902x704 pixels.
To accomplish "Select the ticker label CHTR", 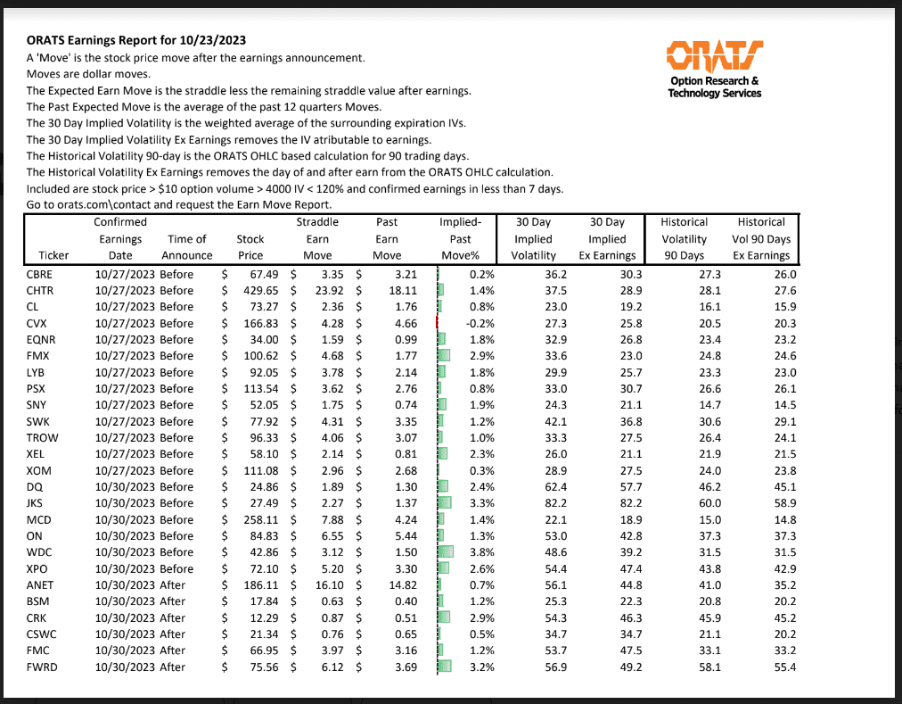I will [x=40, y=290].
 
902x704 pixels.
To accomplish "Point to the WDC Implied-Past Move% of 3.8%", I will [x=481, y=552].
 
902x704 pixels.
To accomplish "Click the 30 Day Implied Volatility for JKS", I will [x=545, y=503].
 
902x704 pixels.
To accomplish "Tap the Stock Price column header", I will [x=250, y=247].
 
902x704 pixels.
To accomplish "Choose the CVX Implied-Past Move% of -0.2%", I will [x=480, y=323].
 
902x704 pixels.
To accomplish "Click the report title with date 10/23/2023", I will [x=136, y=40].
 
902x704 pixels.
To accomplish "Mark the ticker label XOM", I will [x=40, y=470].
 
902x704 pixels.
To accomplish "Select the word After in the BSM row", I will [x=173, y=601].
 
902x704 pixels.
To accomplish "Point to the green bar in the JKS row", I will [x=445, y=503].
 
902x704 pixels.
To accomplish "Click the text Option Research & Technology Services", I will [x=714, y=87].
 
